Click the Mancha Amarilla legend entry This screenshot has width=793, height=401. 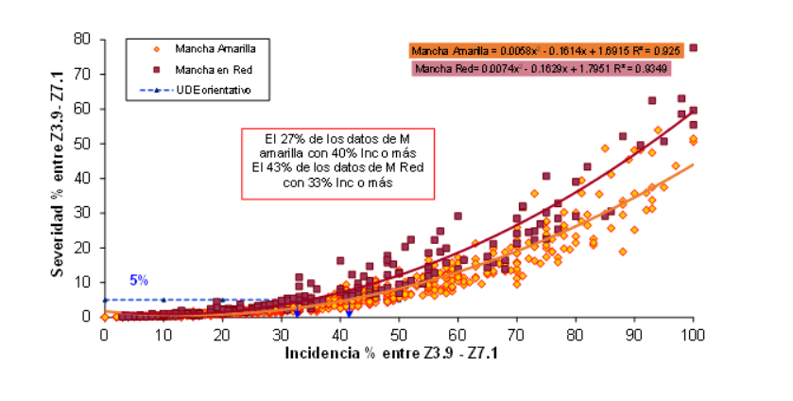[x=209, y=47]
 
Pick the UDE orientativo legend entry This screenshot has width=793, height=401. [x=209, y=91]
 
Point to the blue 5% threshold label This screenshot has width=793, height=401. [x=139, y=280]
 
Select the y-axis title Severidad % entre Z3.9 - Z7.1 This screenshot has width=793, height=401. [x=59, y=180]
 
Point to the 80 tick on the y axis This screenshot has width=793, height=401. [x=82, y=39]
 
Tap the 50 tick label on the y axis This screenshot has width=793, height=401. [x=82, y=144]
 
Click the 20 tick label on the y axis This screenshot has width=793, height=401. [x=82, y=248]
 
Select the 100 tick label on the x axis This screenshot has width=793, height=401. [x=693, y=334]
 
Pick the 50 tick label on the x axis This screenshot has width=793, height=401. [x=398, y=334]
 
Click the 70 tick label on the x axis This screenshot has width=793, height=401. [x=516, y=334]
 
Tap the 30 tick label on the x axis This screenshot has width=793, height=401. [x=281, y=334]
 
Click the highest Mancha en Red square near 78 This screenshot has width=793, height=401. [x=694, y=47]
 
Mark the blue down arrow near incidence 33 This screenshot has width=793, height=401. [x=298, y=311]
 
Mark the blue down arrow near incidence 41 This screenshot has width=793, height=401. [x=348, y=311]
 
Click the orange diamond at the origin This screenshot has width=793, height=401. [x=104, y=317]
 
